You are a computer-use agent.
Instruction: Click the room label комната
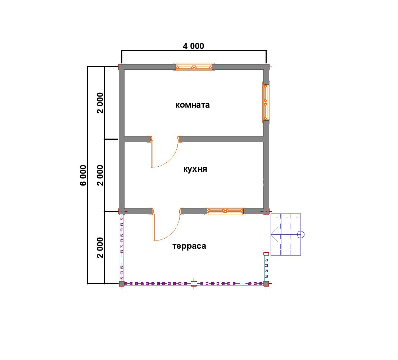point(193,105)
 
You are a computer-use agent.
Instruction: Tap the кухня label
point(195,169)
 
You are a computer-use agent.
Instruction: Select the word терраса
point(189,246)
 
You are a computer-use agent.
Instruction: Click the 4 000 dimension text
point(193,46)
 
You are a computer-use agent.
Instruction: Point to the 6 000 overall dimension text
point(83,175)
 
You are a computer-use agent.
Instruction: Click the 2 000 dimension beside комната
point(100,103)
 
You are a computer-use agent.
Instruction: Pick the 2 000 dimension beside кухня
point(100,175)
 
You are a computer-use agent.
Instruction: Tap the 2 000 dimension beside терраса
point(100,248)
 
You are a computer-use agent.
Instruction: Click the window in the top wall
point(194,67)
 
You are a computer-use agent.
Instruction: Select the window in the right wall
point(266,102)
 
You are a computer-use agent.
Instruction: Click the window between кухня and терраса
point(225,211)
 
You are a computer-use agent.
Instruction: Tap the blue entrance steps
point(286,235)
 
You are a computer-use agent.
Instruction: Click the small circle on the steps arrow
point(301,235)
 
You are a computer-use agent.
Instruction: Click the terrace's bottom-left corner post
point(122,284)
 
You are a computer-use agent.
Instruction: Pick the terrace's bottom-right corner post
point(266,284)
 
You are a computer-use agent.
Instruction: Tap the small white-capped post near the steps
point(266,254)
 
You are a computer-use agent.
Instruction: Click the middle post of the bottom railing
point(194,284)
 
